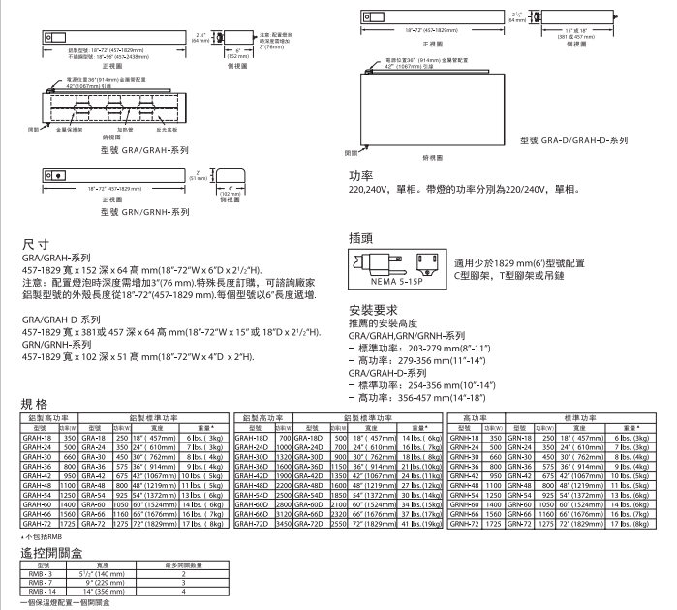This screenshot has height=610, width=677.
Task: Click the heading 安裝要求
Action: click(x=372, y=310)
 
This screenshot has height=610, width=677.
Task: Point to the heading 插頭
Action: click(x=360, y=236)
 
